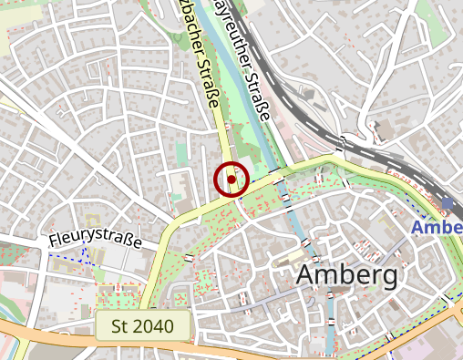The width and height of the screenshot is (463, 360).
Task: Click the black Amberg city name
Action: (x=348, y=275)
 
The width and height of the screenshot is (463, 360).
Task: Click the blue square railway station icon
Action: (x=450, y=205)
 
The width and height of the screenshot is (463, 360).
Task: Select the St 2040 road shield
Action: (x=142, y=325)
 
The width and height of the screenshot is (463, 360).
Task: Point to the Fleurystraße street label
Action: (x=96, y=242)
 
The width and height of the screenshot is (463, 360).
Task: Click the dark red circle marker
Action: (x=231, y=180)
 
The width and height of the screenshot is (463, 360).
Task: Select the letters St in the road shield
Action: (x=119, y=325)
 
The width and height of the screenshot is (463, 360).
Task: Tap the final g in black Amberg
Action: (x=390, y=278)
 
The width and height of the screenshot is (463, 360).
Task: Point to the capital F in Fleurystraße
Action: (x=54, y=240)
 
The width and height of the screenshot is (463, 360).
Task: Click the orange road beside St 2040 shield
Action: (x=55, y=336)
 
